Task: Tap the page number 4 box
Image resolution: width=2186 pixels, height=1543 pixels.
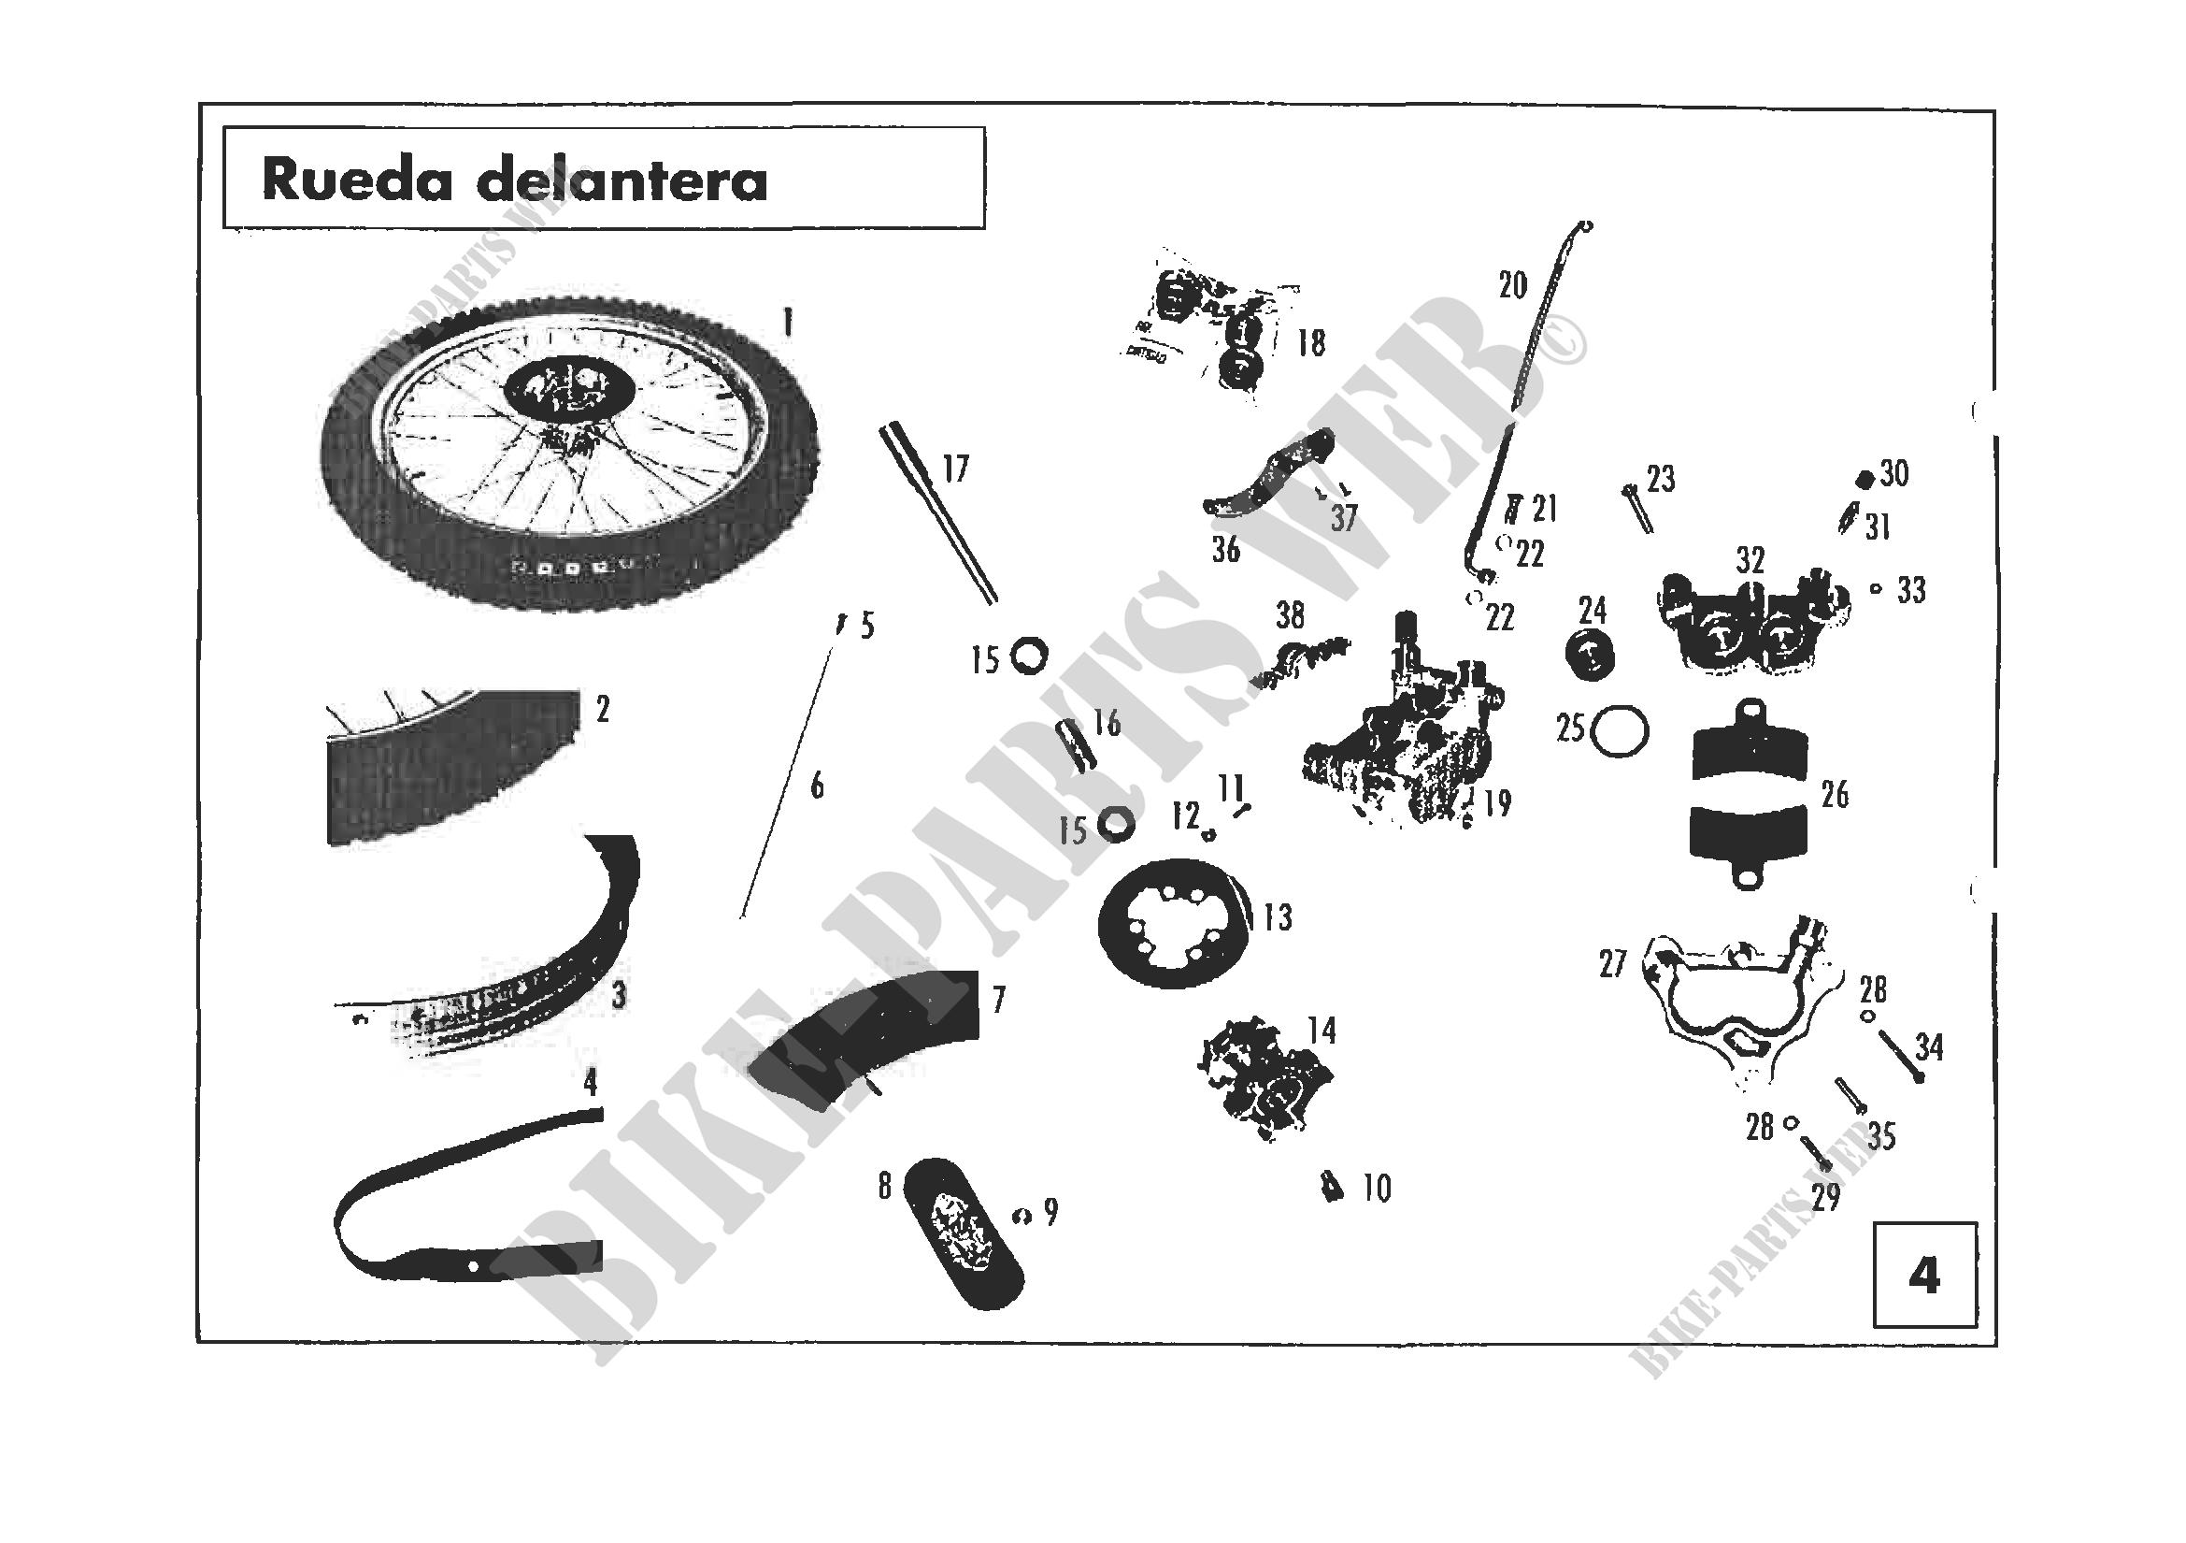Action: (x=1924, y=1276)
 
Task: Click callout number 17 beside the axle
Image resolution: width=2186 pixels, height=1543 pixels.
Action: (x=955, y=469)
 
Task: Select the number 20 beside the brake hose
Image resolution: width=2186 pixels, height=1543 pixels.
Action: (x=1512, y=285)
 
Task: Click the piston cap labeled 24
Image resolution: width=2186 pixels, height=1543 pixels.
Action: (x=1590, y=656)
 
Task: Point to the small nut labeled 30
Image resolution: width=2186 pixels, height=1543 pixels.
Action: (x=1865, y=478)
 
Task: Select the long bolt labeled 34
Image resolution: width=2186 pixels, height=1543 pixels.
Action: (x=1899, y=1058)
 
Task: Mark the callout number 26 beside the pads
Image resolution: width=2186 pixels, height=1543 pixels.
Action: (x=1835, y=794)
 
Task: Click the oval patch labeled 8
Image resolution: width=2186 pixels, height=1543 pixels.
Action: (x=962, y=1233)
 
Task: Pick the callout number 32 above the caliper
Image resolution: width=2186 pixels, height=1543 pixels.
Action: (x=1750, y=559)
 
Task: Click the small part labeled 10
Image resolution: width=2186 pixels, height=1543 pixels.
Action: (x=1333, y=1189)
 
